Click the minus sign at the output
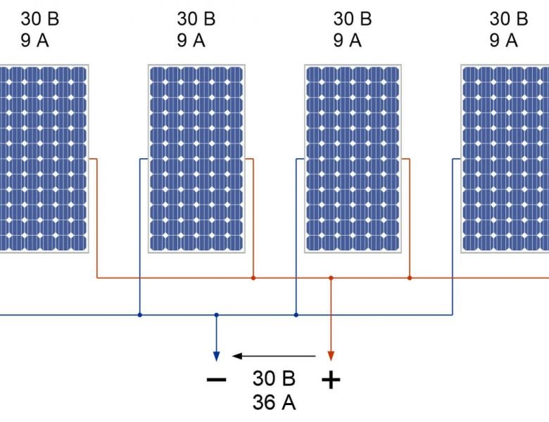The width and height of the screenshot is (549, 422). (217, 381)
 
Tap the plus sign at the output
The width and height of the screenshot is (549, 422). (331, 381)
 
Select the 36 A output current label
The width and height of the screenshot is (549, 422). (274, 403)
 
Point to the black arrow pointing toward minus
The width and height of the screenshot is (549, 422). (274, 355)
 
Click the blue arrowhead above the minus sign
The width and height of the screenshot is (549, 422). (217, 354)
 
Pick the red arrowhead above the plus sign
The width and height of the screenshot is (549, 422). (331, 354)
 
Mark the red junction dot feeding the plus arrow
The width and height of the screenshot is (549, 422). (331, 278)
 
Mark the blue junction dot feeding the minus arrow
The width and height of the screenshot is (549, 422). (217, 315)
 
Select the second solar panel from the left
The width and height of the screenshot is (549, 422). (196, 158)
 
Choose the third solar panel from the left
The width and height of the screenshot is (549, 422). (353, 158)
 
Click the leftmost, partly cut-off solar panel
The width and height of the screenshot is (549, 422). (44, 158)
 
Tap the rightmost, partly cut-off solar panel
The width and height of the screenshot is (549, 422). (505, 158)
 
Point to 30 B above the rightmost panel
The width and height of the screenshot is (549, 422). (508, 18)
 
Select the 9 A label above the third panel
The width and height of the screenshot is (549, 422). (347, 40)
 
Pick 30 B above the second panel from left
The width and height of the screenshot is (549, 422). (196, 18)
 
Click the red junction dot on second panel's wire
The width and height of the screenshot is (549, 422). (253, 278)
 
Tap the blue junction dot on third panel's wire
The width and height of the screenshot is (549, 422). (296, 315)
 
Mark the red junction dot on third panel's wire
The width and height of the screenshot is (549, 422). (410, 278)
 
